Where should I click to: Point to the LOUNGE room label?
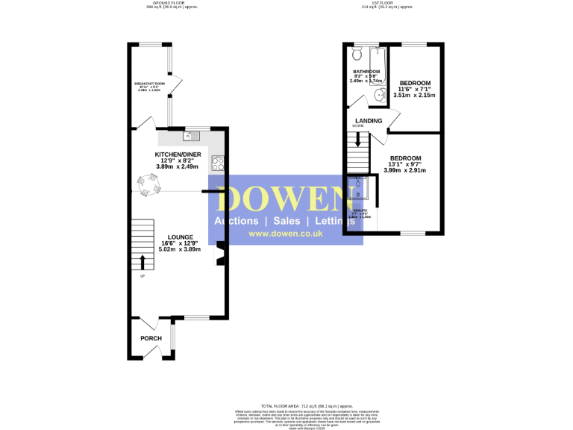pyautogui.click(x=180, y=237)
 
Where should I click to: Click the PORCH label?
pyautogui.click(x=151, y=338)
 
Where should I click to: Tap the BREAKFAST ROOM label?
pyautogui.click(x=149, y=83)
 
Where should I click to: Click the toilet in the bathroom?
pyautogui.click(x=357, y=53)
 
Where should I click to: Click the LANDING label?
pyautogui.click(x=369, y=121)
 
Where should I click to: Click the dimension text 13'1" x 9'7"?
pyautogui.click(x=404, y=164)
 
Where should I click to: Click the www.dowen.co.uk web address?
pyautogui.click(x=285, y=234)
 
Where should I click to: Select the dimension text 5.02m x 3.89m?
pyautogui.click(x=180, y=249)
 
